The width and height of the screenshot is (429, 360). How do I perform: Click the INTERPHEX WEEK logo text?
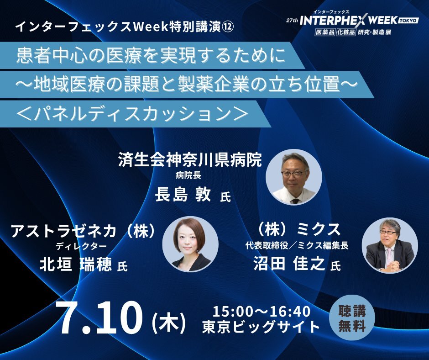pos(349,20)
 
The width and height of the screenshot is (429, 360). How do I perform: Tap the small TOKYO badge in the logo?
pos(409,21)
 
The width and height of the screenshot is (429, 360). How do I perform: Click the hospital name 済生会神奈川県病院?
pos(190,160)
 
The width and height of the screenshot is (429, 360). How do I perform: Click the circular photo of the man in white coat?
pos(294,177)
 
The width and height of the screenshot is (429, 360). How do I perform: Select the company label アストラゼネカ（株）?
pos(83,231)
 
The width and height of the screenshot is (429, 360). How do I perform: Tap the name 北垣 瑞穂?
pos(76,265)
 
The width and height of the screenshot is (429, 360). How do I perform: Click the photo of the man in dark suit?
pos(390,245)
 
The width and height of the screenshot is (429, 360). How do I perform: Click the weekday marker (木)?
pos(169,323)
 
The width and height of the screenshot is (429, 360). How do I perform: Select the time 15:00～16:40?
pos(262,311)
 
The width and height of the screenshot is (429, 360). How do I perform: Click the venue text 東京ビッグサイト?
pos(262,327)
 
